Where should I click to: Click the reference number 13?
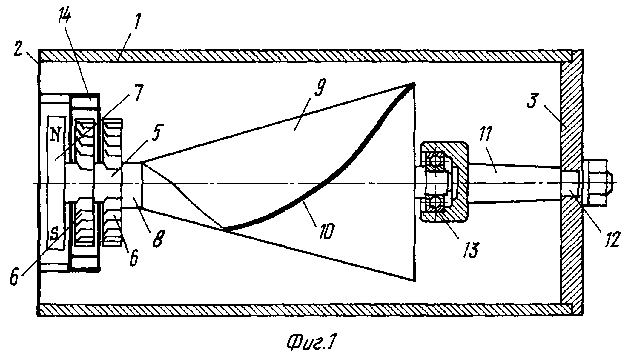coord(470,249)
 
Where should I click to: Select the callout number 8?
coord(158,238)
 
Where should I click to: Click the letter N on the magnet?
coord(55,136)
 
